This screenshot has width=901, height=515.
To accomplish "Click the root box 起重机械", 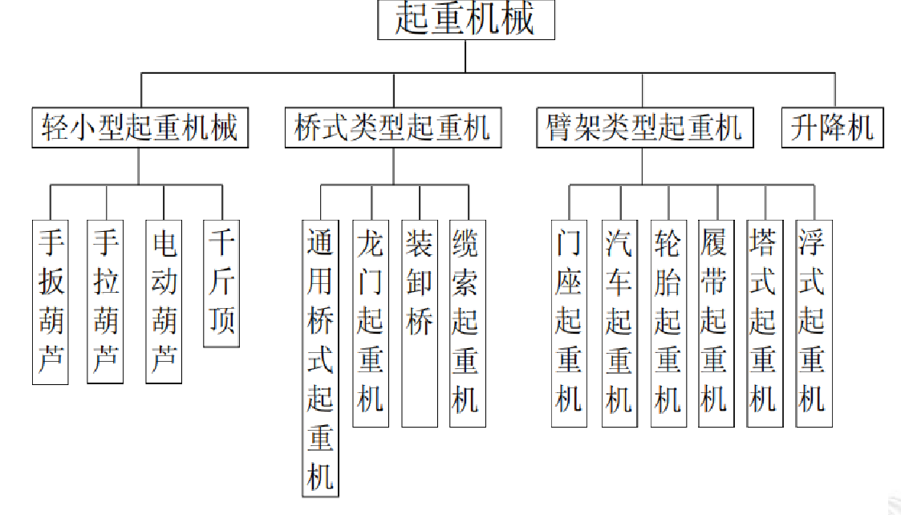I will (466, 19).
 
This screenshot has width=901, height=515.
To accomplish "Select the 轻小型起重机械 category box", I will (140, 128).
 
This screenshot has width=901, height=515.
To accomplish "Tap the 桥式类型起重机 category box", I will (392, 128).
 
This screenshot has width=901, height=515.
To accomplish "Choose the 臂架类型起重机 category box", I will (644, 128).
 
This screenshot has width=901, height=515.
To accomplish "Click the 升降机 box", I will (832, 128).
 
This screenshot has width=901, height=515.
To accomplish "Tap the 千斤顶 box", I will (221, 282).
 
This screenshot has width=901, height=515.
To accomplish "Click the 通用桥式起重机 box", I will (320, 358).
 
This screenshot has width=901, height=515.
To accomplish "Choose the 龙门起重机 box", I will (370, 322).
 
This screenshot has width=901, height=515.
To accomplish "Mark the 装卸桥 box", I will (420, 322).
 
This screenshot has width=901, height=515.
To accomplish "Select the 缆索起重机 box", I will (467, 322).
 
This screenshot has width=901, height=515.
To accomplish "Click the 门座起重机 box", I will (569, 322).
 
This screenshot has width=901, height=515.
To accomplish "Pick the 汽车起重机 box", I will (619, 322).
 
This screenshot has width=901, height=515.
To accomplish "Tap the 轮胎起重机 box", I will (668, 322).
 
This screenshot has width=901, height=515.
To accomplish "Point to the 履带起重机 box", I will (716, 322).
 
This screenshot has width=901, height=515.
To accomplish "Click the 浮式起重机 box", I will (813, 322).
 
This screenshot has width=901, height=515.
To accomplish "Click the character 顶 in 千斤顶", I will (221, 320).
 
